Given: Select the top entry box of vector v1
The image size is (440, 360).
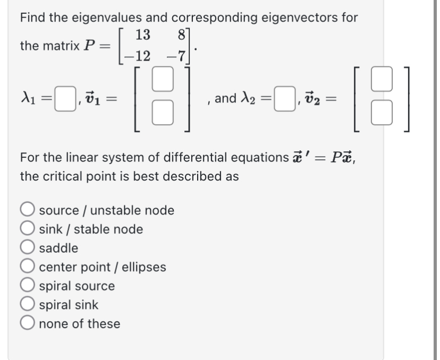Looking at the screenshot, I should pyautogui.click(x=164, y=80).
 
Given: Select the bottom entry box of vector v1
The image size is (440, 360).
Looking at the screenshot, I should pyautogui.click(x=164, y=113).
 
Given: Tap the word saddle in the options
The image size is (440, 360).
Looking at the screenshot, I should pyautogui.click(x=59, y=248).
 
